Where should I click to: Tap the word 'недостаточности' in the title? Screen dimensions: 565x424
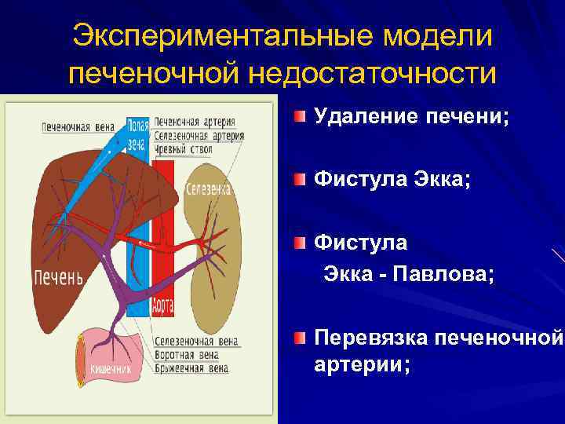[373, 74]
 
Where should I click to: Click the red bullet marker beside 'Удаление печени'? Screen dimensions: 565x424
[301, 118]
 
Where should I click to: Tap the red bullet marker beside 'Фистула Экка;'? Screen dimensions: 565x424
[301, 180]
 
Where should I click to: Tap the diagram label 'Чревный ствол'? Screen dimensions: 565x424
[184, 149]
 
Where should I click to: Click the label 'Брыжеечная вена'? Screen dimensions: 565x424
[191, 367]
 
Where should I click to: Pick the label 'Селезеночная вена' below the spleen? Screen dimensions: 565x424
[197, 342]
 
